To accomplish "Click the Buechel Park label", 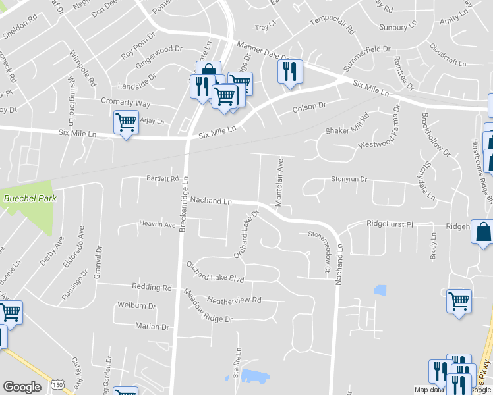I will click(29, 197).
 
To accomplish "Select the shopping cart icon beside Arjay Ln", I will click(126, 122).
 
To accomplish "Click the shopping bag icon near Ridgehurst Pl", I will click(483, 232).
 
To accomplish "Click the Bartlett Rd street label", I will click(163, 178).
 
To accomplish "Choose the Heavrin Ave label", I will click(158, 224).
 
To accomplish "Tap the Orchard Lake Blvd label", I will click(215, 272).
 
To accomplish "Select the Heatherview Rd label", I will click(234, 300).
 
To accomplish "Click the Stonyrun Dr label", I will click(349, 179).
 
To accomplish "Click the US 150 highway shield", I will click(58, 384).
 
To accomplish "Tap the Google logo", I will click(22, 387).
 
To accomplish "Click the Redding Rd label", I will click(152, 288).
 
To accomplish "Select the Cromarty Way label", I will click(125, 103).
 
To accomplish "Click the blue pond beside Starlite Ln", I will click(255, 377).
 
